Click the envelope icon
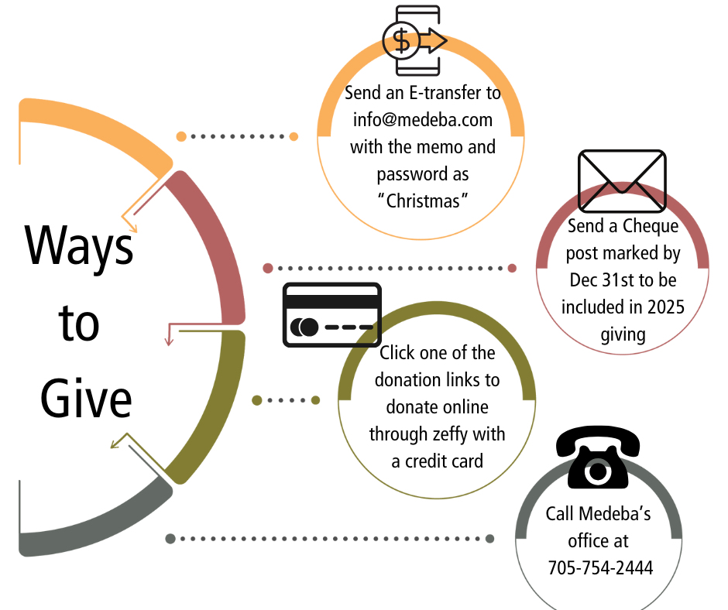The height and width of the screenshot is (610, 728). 622,181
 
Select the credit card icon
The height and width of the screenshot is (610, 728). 331,314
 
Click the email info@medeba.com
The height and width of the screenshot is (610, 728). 423,120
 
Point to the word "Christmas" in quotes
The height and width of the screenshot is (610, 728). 423,201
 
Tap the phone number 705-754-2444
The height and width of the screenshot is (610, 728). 599,567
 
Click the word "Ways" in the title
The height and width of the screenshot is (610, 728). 79,245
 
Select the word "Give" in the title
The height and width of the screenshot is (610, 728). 86,399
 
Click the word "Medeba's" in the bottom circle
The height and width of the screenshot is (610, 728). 618,513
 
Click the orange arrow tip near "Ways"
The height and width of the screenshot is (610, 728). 134,228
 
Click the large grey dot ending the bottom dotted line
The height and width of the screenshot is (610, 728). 489,539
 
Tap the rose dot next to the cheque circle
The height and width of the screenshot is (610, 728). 512,269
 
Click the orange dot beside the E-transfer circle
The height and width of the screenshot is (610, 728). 294,137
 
